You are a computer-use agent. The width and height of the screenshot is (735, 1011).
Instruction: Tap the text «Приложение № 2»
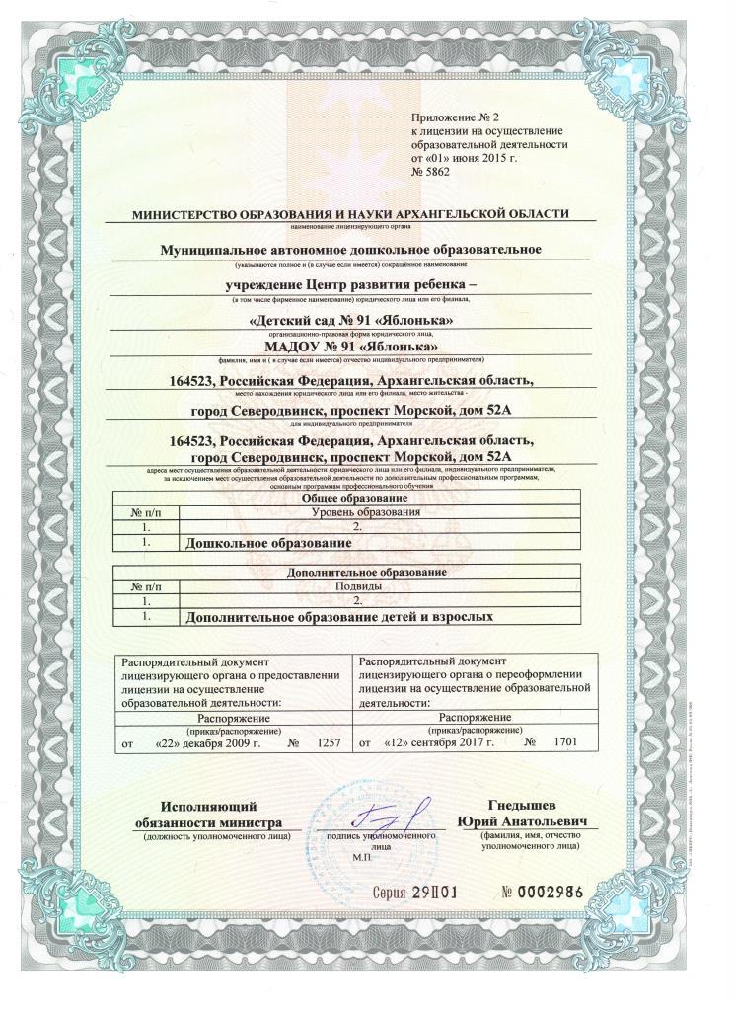coord(451,118)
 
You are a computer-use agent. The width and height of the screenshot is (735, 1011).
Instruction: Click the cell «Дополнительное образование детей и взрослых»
coord(338,617)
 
